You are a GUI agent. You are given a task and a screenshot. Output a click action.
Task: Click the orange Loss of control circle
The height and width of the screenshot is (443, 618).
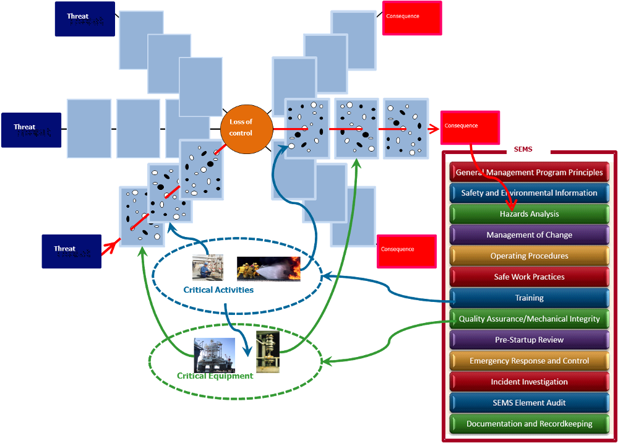(246, 128)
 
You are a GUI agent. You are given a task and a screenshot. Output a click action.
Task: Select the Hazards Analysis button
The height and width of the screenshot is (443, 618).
(529, 214)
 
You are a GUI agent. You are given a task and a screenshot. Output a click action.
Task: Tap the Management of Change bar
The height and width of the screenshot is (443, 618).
(529, 235)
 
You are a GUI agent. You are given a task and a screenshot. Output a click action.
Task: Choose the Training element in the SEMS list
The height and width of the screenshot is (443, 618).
(529, 298)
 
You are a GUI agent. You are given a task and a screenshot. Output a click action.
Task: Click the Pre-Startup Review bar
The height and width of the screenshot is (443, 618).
(529, 340)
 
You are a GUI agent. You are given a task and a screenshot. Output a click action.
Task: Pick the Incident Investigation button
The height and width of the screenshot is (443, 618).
(529, 382)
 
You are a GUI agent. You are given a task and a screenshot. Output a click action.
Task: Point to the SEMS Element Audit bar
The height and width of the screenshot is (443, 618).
(529, 403)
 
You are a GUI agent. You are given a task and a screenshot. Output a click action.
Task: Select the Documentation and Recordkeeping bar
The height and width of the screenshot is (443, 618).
(529, 424)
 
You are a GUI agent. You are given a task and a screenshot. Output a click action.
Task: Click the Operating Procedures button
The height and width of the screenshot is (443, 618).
(529, 256)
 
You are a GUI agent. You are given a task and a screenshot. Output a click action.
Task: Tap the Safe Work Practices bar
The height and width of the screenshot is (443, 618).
(529, 277)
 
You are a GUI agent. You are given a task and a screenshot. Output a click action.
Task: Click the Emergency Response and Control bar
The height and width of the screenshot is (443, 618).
(529, 361)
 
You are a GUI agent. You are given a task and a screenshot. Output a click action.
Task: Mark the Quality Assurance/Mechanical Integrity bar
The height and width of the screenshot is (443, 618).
(529, 319)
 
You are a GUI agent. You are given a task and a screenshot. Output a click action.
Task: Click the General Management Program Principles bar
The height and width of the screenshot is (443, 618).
(529, 173)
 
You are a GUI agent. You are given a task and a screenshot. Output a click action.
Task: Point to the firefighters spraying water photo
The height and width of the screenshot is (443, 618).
(268, 269)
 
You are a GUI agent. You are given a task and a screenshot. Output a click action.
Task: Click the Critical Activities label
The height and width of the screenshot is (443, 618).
(218, 290)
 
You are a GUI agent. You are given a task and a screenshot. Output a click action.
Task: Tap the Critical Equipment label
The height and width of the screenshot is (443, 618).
(215, 376)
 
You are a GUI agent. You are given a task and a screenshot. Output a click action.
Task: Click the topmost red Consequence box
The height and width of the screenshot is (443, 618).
(412, 18)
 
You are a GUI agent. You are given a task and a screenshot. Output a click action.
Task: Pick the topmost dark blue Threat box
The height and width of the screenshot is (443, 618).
(84, 19)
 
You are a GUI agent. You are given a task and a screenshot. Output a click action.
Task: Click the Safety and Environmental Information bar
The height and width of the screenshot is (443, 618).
(529, 193)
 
